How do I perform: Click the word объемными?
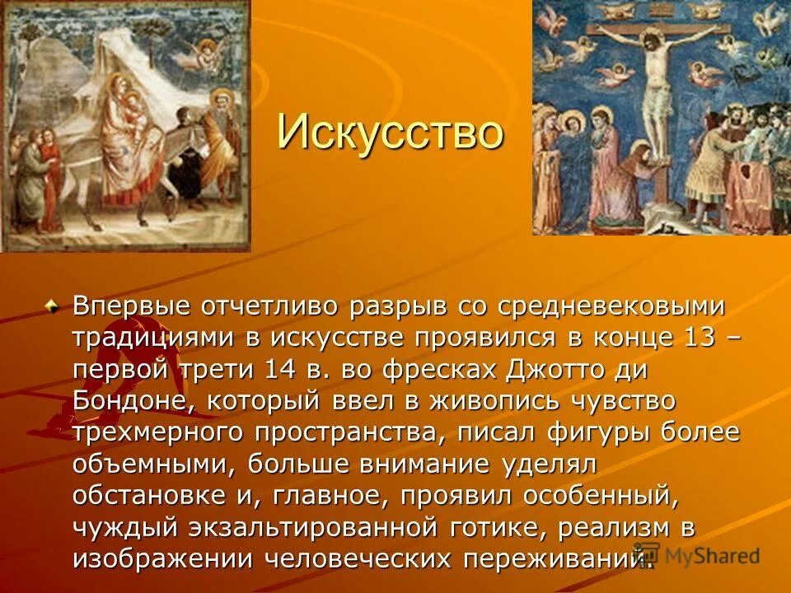click(154, 464)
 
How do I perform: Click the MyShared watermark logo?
click(696, 555)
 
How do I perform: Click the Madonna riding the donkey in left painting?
click(119, 124)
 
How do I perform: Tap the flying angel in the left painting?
click(190, 54)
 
